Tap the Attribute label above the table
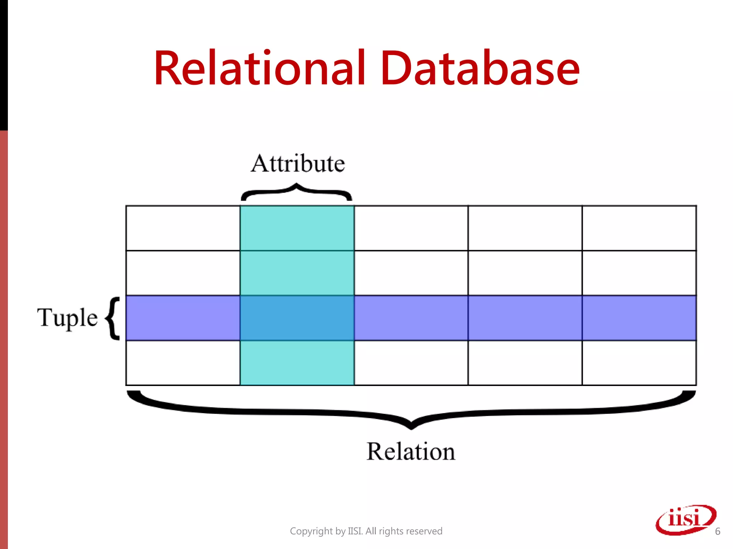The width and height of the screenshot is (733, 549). point(298,164)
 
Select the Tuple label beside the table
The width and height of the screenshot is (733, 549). point(67,317)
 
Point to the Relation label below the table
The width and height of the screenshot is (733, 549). point(411,451)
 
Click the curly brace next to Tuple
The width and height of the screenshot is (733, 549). point(112,318)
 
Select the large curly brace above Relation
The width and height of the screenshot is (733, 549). point(411,411)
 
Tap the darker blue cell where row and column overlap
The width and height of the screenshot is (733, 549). point(297,318)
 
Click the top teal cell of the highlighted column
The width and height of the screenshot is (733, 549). point(297,228)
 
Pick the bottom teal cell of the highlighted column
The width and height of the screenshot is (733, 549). point(297,363)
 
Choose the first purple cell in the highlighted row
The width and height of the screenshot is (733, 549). point(183,318)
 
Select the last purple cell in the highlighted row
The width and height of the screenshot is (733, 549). point(639,318)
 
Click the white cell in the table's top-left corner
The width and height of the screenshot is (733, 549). point(183,228)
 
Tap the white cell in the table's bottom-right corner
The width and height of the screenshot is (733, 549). point(639,363)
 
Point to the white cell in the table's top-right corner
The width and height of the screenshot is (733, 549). point(639,228)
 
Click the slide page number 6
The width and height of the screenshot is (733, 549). point(718,531)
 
